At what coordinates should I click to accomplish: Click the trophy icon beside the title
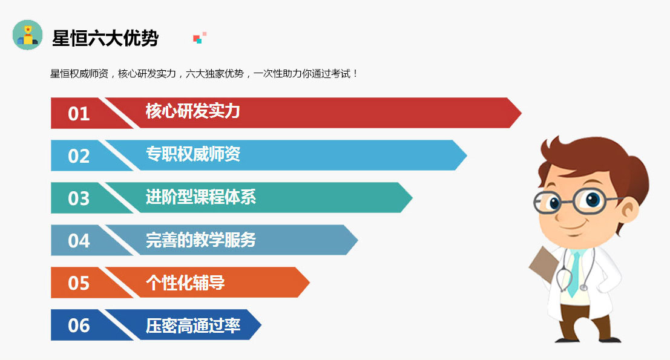pos(28,35)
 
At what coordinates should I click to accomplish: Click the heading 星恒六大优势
pos(105,38)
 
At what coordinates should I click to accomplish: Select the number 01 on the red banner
pos(79,114)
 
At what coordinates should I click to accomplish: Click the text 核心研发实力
pos(192,111)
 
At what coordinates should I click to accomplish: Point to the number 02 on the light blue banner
pos(79,156)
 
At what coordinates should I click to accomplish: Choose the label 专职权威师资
pos(192,154)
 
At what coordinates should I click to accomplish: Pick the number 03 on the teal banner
pos(79,198)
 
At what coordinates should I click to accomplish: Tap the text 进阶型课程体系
pos(200,197)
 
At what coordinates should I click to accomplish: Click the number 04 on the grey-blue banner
pos(79,240)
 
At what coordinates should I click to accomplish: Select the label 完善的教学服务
pos(200,240)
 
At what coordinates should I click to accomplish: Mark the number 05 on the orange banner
pos(79,283)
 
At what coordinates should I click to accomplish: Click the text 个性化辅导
pos(185,283)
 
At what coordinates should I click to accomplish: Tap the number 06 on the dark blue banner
pos(79,326)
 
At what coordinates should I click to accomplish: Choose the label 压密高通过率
pos(192,326)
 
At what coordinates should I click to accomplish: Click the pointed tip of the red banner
pos(521,113)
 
